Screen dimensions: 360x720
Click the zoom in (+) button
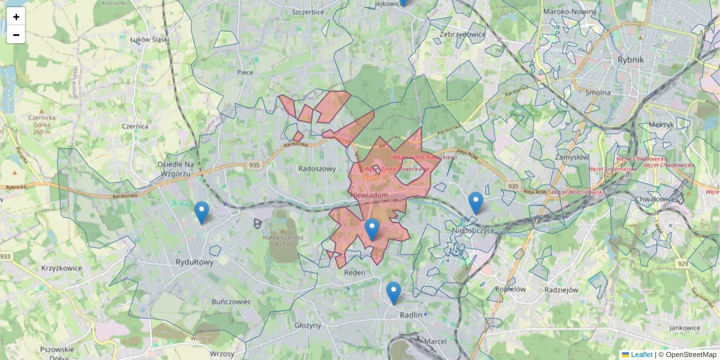pos(16,17)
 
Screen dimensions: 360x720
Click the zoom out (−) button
pos(16,35)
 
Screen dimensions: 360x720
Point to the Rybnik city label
pos(630,59)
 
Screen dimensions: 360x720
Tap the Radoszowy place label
pos(317,169)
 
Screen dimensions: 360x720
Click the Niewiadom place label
pos(368,196)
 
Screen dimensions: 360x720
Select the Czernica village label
pos(135,127)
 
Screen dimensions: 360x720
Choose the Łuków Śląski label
pos(150,40)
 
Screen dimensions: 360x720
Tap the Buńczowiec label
pos(231,302)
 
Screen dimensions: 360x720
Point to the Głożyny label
pos(308,325)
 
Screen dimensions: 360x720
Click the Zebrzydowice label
pos(462,34)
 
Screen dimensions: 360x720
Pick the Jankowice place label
pos(685,328)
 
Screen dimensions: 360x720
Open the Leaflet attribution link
pos(641,355)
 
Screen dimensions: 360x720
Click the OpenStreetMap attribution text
pos(690,355)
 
